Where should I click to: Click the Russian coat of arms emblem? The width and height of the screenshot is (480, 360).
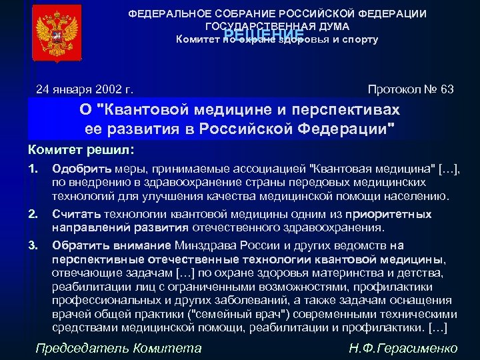[x=56, y=33]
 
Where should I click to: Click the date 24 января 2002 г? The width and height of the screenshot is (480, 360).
[x=85, y=89]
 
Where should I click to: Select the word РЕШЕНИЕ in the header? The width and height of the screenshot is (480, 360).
[x=264, y=35]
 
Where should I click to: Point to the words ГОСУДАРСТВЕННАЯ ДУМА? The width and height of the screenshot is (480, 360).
[x=277, y=26]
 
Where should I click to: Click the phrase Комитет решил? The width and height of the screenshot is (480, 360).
[x=81, y=149]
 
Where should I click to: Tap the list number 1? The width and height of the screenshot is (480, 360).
[x=33, y=167]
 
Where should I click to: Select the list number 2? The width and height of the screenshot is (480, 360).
[x=33, y=214]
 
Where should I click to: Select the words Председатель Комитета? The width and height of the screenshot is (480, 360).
[x=118, y=347]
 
